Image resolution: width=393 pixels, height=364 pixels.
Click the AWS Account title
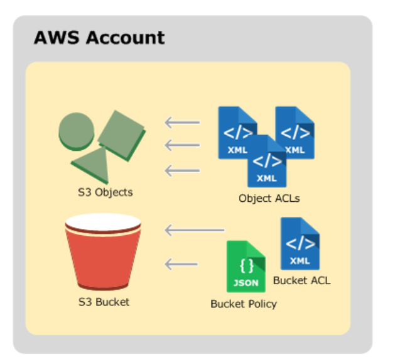99,38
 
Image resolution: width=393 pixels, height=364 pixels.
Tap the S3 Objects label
101,192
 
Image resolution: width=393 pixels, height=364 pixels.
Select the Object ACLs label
269,199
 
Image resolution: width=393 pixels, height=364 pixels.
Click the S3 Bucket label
104,302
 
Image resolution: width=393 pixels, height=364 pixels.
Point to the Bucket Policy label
244,304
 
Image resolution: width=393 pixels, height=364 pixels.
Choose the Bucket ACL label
301,280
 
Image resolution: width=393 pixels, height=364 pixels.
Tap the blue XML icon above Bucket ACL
299,243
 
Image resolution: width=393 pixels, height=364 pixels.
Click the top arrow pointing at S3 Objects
182,123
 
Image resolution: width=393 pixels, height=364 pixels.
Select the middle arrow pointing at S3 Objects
182,146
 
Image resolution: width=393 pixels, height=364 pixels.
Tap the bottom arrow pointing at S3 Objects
182,170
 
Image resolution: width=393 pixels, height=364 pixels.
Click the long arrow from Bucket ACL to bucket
195,231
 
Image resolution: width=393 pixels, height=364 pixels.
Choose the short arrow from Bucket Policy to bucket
182,263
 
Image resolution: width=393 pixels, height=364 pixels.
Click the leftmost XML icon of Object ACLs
237,132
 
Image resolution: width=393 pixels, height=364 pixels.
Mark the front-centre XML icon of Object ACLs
266,161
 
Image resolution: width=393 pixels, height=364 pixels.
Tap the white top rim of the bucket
103,222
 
